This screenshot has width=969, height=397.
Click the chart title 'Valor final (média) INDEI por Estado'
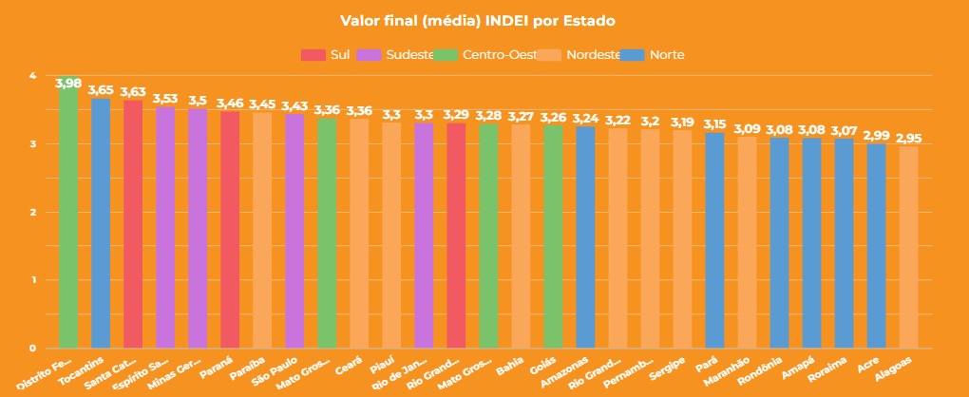click(x=484, y=20)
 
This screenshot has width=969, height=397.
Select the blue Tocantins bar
click(x=101, y=223)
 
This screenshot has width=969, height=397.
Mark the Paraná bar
click(x=230, y=229)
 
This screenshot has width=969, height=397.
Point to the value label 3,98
click(x=68, y=84)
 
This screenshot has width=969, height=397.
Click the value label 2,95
click(x=908, y=139)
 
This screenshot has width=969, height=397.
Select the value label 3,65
click(x=101, y=90)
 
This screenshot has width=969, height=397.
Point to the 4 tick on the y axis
click(x=32, y=76)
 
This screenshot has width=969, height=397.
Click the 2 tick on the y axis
click(x=32, y=212)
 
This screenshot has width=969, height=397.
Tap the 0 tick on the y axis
click(x=32, y=348)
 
